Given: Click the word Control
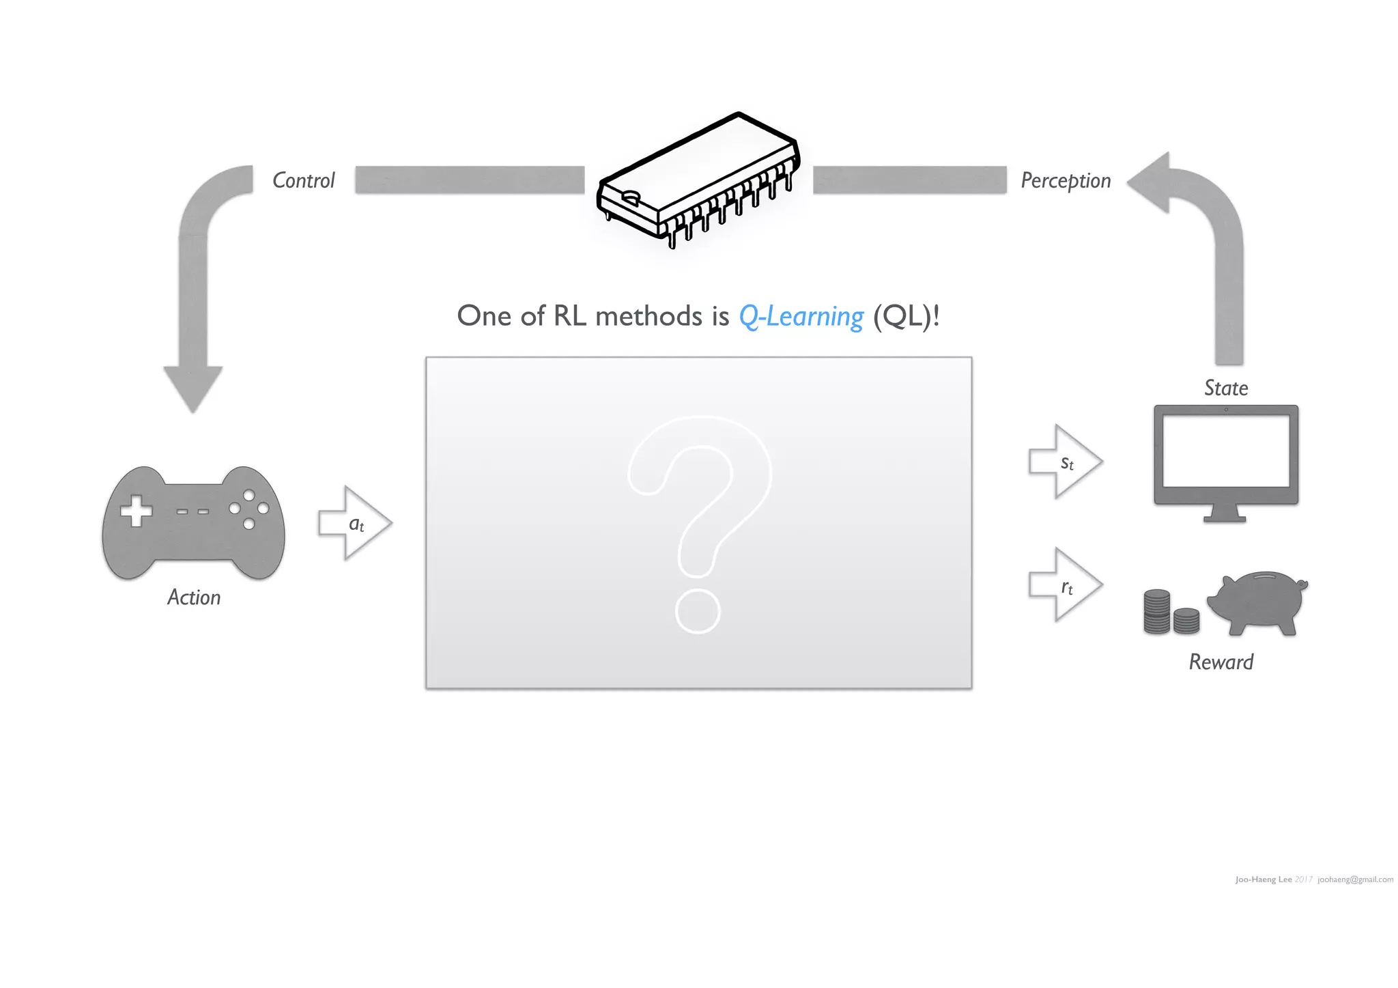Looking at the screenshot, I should click(304, 180).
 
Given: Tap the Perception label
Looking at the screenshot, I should click(1066, 180).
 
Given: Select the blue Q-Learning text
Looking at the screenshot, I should click(801, 316).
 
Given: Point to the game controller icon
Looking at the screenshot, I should click(193, 523).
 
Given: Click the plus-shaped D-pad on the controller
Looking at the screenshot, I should click(137, 511).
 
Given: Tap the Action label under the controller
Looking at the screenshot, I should click(194, 597).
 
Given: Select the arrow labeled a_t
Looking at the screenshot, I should click(354, 524).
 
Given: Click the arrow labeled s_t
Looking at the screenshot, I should click(1065, 462).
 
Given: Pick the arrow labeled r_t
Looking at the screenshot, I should click(1065, 585).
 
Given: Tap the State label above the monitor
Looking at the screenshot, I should click(1226, 388).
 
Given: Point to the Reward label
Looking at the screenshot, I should click(1221, 662).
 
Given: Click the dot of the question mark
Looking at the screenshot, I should click(698, 611).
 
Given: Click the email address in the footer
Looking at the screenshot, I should click(1355, 879).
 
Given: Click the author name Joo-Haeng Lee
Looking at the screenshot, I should click(1263, 879).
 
